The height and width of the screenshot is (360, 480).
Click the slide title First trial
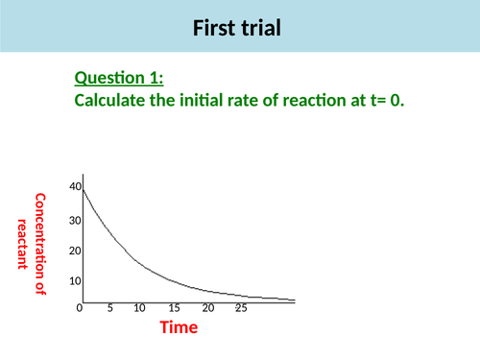click(239, 29)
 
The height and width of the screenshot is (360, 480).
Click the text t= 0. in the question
click(384, 100)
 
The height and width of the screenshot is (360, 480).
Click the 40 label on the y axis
click(75, 185)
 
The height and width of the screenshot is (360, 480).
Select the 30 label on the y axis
click(75, 221)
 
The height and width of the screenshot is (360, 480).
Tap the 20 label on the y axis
click(75, 252)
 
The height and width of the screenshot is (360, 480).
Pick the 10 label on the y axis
click(75, 281)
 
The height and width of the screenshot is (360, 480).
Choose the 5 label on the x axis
click(110, 309)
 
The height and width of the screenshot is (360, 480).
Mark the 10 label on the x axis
click(140, 309)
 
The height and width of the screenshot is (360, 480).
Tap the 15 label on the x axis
click(175, 309)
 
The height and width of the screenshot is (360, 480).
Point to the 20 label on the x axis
click(207, 309)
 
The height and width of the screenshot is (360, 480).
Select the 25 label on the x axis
click(241, 309)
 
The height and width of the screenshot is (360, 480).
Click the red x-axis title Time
click(179, 328)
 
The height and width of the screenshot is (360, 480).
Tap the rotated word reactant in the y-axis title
click(22, 245)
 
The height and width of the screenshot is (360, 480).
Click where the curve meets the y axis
click(84, 189)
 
